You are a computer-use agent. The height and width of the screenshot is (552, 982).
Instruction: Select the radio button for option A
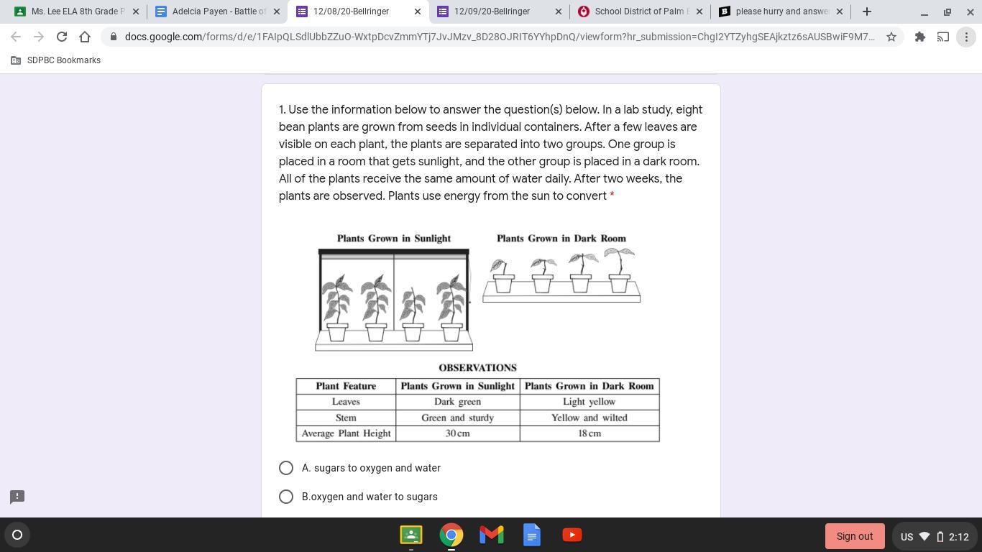286,468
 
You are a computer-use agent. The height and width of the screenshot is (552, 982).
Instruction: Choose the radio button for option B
286,497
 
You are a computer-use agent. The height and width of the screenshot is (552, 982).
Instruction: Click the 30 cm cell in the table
458,433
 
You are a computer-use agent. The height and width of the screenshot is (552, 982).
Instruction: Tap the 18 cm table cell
589,433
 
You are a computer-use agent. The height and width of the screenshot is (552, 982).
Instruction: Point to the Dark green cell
458,402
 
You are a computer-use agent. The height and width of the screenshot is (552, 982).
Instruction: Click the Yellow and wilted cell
589,418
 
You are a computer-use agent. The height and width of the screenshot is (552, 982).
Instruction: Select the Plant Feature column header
346,386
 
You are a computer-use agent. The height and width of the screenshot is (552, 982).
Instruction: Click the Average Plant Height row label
346,433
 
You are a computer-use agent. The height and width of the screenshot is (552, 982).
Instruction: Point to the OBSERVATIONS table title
478,367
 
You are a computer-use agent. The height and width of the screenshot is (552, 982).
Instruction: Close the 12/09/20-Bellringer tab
558,11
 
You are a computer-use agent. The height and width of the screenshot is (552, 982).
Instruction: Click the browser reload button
62,37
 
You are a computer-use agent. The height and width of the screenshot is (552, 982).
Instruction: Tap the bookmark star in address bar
891,37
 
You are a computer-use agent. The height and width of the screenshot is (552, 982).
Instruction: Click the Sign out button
855,536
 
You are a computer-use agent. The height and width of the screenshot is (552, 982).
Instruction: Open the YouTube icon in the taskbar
572,535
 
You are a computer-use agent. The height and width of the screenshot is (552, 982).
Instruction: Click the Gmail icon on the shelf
492,535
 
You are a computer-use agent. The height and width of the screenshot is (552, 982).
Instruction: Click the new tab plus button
867,11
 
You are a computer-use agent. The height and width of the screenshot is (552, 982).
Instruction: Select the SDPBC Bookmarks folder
55,60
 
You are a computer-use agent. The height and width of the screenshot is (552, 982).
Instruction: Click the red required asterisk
612,195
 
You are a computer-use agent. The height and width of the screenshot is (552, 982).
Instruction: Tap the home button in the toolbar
85,37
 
